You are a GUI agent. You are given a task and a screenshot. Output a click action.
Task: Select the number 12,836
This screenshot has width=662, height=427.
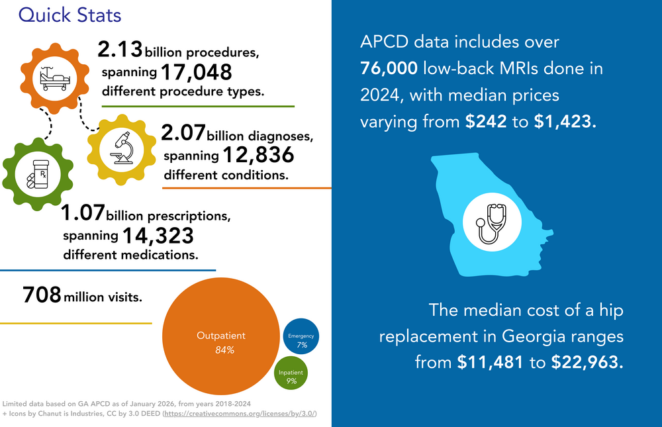coord(258,156)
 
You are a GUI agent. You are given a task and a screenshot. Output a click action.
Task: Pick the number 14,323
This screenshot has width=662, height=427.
coord(158,234)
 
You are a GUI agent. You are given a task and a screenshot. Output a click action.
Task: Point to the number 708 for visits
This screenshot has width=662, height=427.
coord(42,295)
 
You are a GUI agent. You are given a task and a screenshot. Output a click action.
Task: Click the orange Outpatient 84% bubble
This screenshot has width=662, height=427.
coord(220,342)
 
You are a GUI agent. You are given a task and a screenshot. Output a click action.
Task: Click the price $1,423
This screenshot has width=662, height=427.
coord(565,122)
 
